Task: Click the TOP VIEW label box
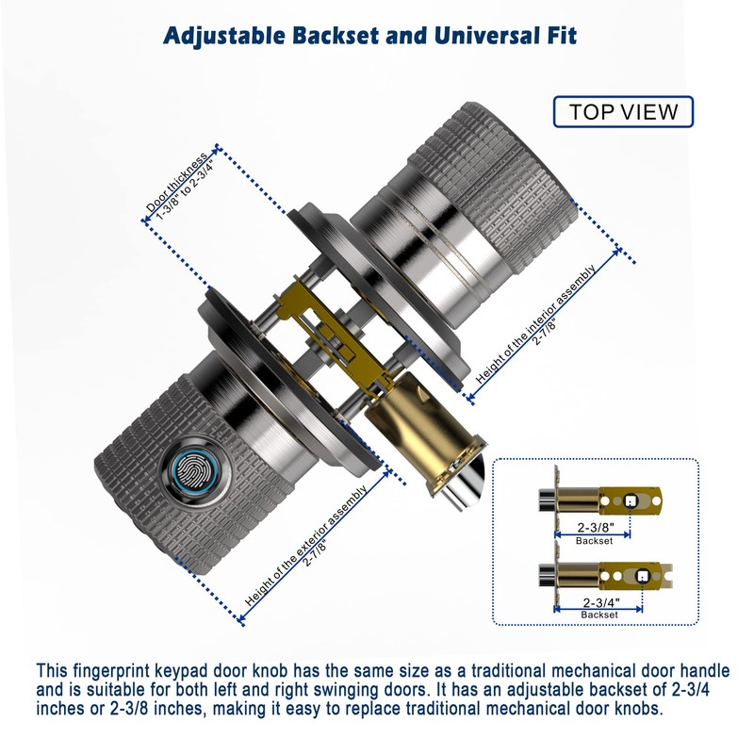point(623,111)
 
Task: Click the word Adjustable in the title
point(223,36)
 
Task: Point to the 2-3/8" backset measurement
point(596,527)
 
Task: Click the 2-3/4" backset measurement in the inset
point(601,602)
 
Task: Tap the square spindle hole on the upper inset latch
point(630,501)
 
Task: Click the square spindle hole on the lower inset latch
point(642,576)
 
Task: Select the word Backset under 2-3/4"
point(598,615)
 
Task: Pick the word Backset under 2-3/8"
point(595,540)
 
